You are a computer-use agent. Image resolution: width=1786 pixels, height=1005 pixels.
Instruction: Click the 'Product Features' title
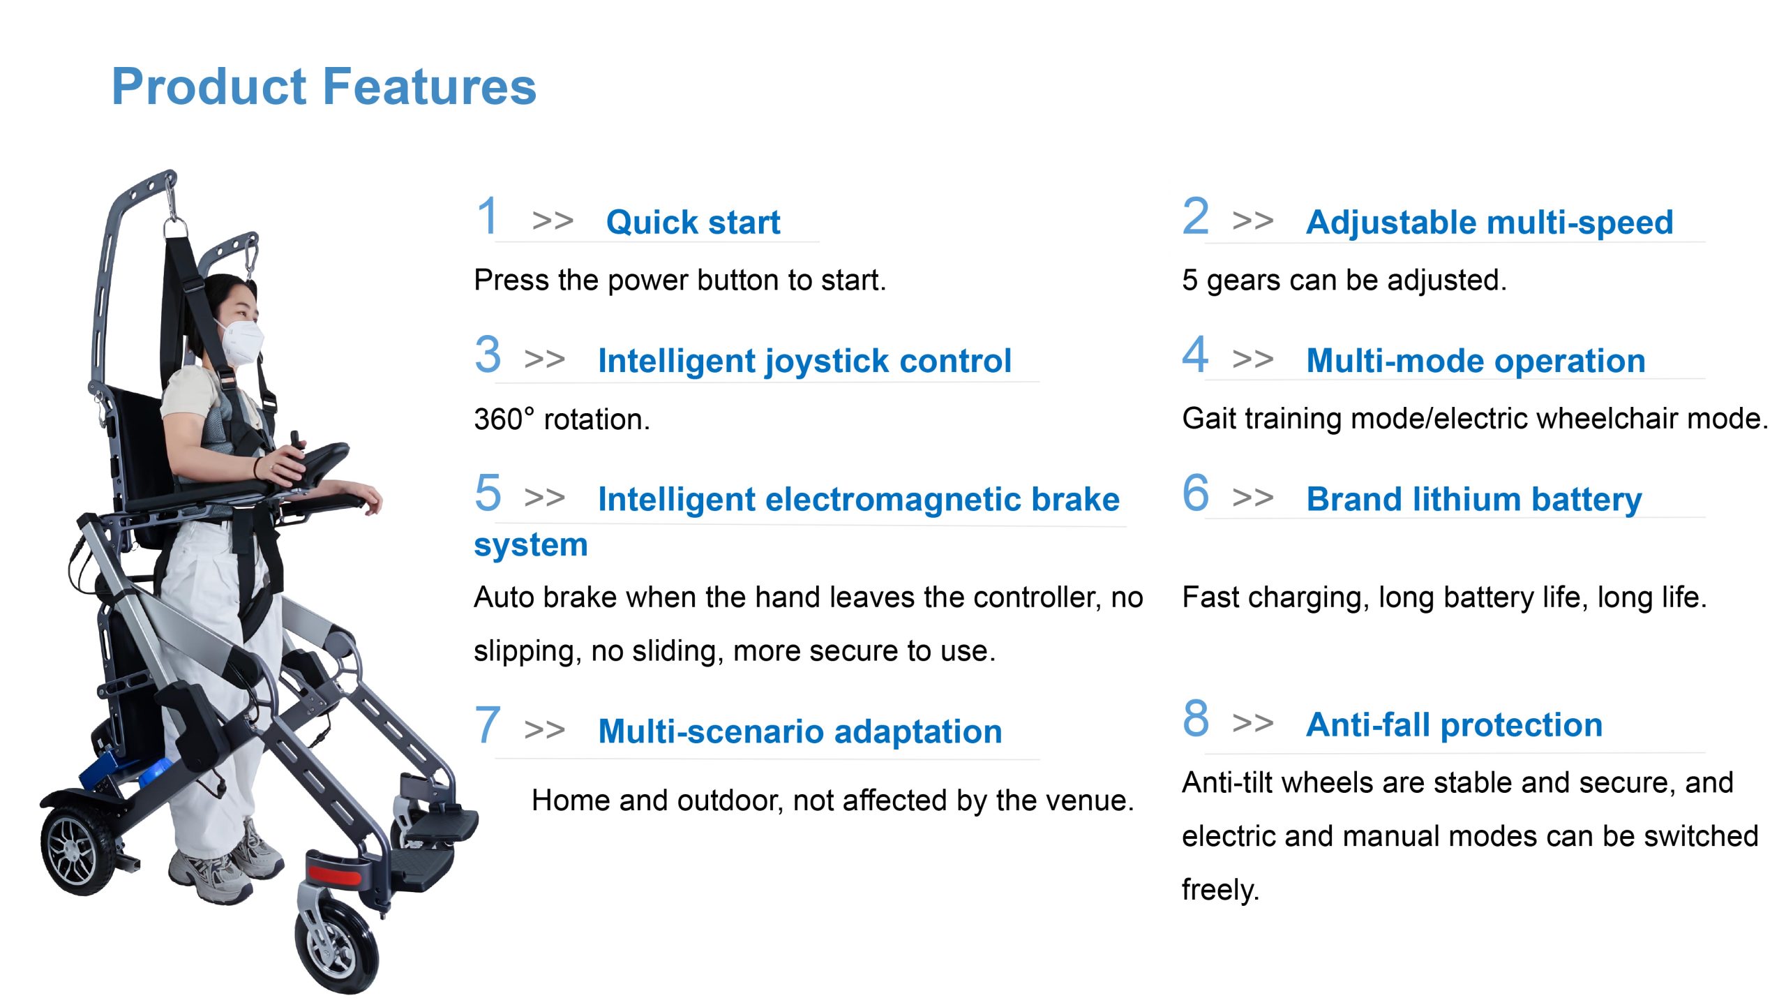324,87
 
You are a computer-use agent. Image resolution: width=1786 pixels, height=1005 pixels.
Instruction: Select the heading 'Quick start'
693,222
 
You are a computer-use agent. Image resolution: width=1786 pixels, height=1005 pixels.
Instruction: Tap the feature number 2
1195,216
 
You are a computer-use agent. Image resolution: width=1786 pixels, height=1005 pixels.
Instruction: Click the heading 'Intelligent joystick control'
804,362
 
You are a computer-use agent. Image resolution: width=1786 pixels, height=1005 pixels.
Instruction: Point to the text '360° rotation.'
562,419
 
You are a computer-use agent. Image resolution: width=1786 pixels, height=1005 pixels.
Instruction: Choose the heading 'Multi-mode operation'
1476,361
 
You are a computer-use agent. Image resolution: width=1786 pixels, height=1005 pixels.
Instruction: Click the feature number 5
488,493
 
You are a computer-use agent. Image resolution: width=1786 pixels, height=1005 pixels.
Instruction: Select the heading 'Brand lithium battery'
1474,500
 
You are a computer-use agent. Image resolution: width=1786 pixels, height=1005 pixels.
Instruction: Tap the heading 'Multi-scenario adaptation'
800,731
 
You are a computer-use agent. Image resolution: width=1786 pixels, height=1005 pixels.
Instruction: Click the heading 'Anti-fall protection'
1455,724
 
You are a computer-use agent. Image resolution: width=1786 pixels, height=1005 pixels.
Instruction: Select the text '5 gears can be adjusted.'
1344,281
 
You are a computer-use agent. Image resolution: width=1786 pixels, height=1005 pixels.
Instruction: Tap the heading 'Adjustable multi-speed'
1489,223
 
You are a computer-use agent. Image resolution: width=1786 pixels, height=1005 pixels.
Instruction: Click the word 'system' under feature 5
531,545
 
